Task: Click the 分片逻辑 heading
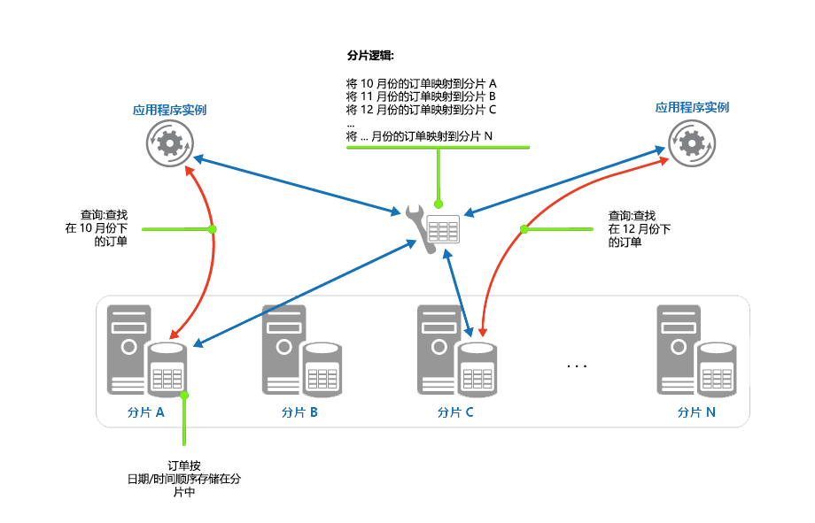click(x=370, y=55)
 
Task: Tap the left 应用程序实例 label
click(x=169, y=110)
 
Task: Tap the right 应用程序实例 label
click(x=692, y=107)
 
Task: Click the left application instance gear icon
click(x=169, y=143)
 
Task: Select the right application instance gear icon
click(x=692, y=143)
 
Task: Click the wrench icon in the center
click(x=420, y=228)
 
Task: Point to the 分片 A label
click(x=145, y=411)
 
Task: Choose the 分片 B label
click(x=299, y=411)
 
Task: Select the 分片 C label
click(x=455, y=411)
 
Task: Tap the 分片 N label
click(x=696, y=411)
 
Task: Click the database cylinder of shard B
click(x=322, y=369)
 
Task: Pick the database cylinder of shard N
click(x=717, y=369)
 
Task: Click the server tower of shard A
click(x=128, y=350)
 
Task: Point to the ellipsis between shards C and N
click(x=577, y=366)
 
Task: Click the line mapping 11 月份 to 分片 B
click(x=421, y=96)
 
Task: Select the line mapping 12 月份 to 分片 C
click(x=421, y=110)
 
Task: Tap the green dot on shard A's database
click(x=184, y=396)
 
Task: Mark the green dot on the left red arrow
click(x=212, y=229)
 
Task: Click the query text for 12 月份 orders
click(x=640, y=228)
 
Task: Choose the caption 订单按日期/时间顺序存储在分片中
click(x=184, y=479)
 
